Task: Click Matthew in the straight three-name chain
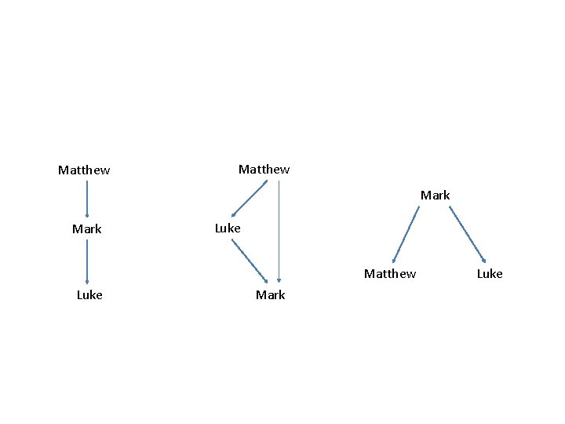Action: (x=84, y=170)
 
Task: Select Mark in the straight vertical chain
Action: (x=86, y=229)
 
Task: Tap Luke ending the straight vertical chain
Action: (x=89, y=294)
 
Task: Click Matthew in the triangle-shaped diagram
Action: (x=264, y=169)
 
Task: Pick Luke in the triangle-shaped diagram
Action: (x=228, y=228)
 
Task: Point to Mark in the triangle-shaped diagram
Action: (x=270, y=294)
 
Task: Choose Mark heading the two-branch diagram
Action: (x=435, y=195)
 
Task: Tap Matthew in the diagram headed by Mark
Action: (x=390, y=273)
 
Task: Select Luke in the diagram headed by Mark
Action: (x=490, y=273)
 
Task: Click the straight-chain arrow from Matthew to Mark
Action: (x=87, y=199)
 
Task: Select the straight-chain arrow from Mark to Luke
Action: (x=87, y=261)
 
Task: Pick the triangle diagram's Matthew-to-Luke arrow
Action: (x=250, y=199)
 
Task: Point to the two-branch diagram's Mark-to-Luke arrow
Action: (x=468, y=234)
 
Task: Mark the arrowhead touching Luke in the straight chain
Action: (x=87, y=280)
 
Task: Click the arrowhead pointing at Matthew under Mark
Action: (x=395, y=259)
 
